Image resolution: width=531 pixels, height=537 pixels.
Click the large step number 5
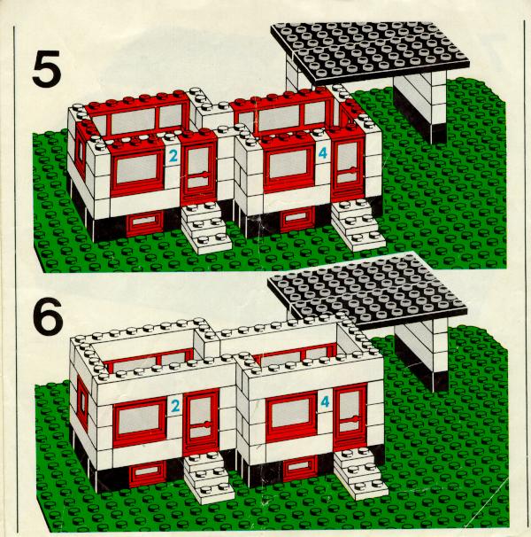pyautogui.click(x=47, y=68)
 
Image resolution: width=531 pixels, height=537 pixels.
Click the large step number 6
pyautogui.click(x=48, y=315)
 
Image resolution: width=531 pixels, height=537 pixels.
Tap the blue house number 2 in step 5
pyautogui.click(x=173, y=157)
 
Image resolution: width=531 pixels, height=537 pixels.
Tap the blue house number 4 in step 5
pyautogui.click(x=323, y=153)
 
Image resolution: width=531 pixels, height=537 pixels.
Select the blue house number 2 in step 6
pyautogui.click(x=175, y=406)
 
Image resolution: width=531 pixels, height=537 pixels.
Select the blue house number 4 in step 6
pyautogui.click(x=325, y=401)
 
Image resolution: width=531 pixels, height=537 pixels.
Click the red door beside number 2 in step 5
pyautogui.click(x=198, y=170)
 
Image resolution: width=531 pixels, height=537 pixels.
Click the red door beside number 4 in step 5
pyautogui.click(x=347, y=167)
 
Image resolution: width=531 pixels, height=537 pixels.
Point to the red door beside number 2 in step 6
pyautogui.click(x=201, y=422)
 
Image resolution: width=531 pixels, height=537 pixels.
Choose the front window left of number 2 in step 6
pyautogui.click(x=140, y=421)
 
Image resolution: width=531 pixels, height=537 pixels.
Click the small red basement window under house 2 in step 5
pyautogui.click(x=145, y=222)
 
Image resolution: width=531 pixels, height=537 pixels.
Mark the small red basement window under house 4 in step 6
pyautogui.click(x=301, y=468)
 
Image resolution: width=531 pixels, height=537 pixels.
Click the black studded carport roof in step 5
pyautogui.click(x=371, y=52)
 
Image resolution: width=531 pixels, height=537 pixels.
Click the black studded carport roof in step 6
pyautogui.click(x=368, y=292)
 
